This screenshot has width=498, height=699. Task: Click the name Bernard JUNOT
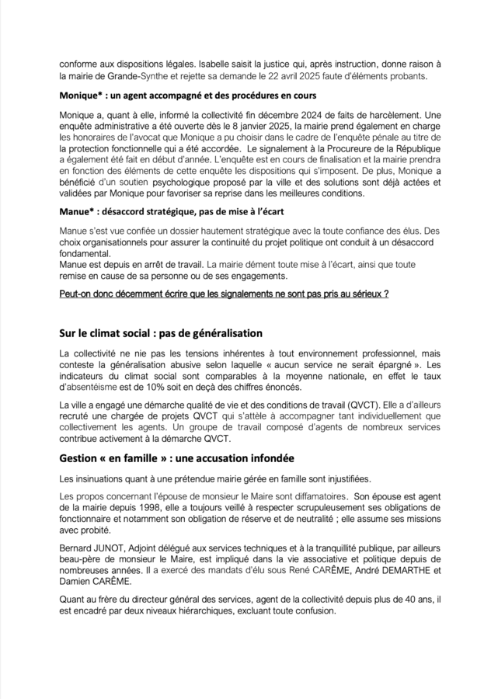point(96,548)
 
